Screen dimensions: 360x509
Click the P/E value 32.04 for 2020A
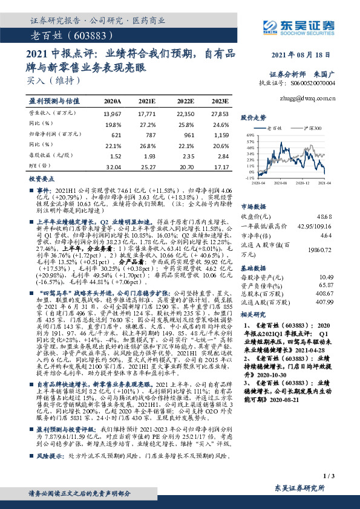point(113,166)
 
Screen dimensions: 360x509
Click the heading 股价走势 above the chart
point(254,117)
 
